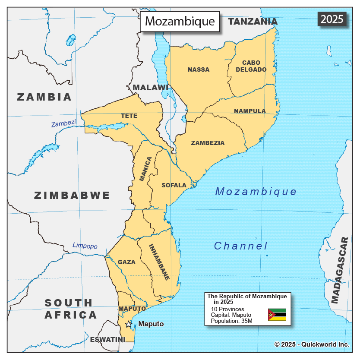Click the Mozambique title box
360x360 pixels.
coord(180,21)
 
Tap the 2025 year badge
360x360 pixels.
coord(332,19)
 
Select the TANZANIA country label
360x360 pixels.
coord(253,22)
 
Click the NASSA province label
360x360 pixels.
coord(199,69)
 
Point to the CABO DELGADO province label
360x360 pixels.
coord(251,66)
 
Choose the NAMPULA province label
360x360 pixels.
coord(250,111)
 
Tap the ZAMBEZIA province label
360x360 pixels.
coord(208,143)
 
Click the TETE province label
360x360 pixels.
coord(129,116)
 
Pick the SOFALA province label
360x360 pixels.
coord(174,185)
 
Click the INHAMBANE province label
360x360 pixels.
coord(159,262)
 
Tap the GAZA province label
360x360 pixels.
coord(126,262)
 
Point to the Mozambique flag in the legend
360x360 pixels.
coord(277,315)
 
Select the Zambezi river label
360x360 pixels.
coord(63,123)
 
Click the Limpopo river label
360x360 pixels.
coord(85,246)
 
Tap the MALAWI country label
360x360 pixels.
coord(150,88)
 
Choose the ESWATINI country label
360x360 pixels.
coord(107,339)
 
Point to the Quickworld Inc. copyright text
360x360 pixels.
coord(312,344)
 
